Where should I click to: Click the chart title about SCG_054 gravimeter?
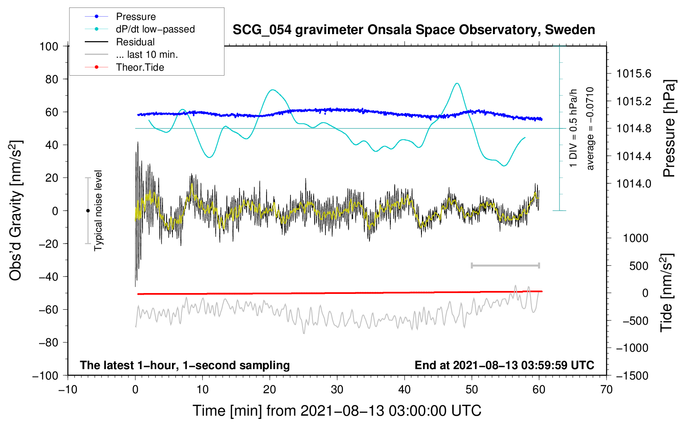tap(414, 30)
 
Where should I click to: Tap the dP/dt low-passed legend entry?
tap(155, 29)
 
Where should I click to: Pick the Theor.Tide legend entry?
tap(140, 67)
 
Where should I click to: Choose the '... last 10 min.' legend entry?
tap(147, 54)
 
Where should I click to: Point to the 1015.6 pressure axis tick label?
tap(633, 74)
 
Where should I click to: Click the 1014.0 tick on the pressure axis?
tap(633, 184)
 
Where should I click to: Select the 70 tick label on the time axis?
tap(606, 390)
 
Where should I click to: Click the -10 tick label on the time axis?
tap(68, 390)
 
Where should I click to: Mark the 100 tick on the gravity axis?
tap(49, 46)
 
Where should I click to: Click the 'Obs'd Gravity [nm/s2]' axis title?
tap(15, 210)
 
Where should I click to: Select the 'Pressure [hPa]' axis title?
tap(669, 129)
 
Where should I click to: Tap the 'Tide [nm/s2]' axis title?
tap(667, 293)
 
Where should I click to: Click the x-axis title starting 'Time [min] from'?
tap(337, 411)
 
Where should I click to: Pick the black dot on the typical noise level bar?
tap(88, 211)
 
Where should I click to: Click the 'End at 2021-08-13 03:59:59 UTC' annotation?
tap(504, 365)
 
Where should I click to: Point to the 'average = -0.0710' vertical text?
tap(590, 129)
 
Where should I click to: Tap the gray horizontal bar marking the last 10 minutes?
tap(505, 265)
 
